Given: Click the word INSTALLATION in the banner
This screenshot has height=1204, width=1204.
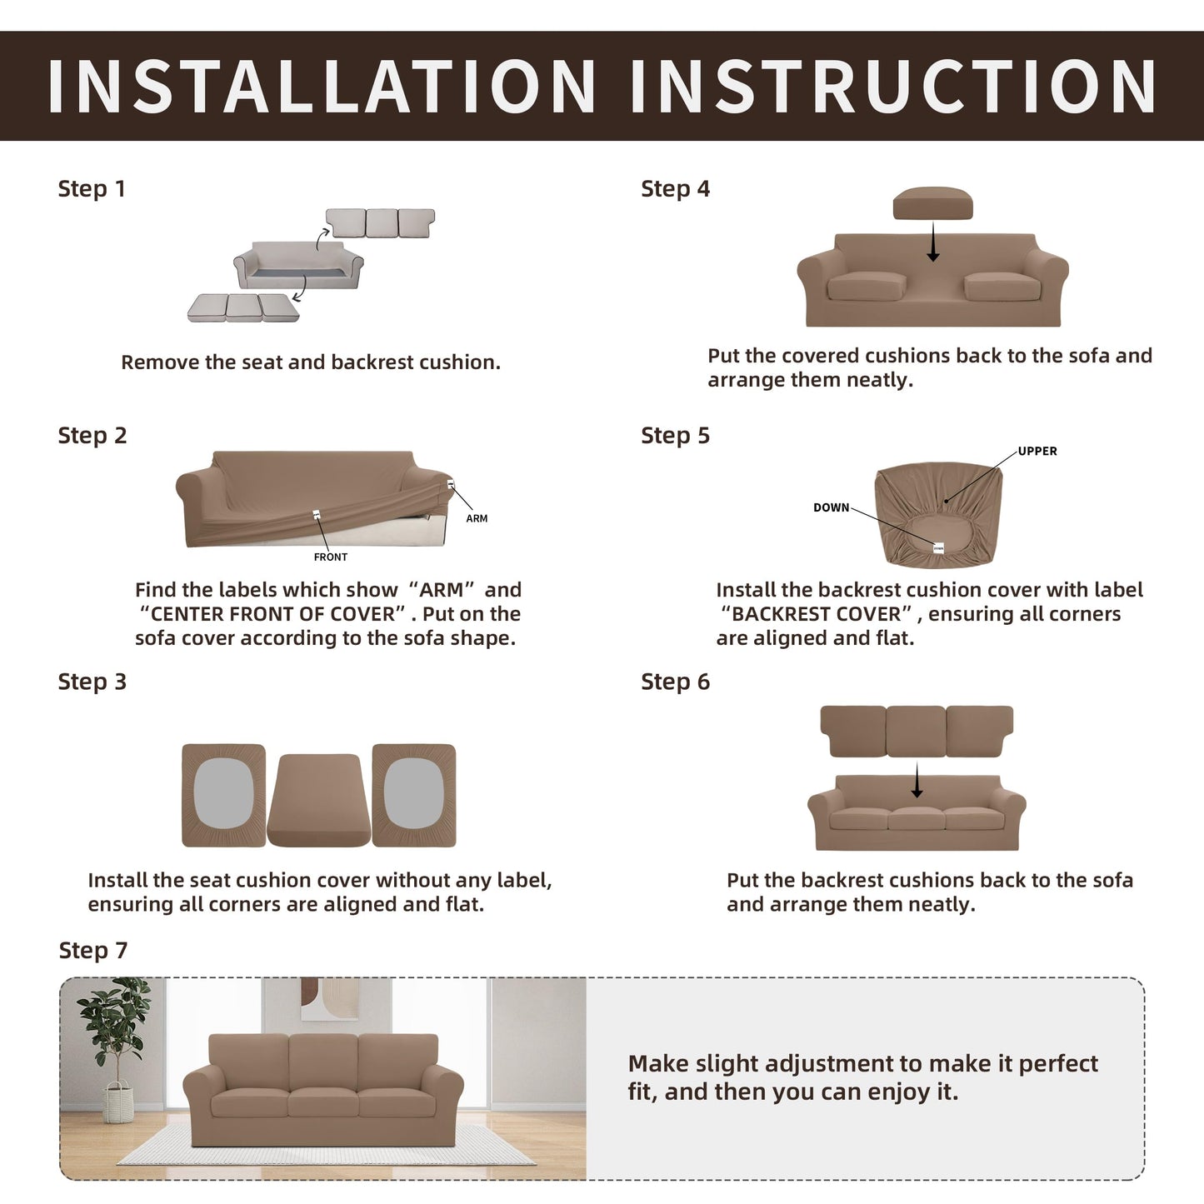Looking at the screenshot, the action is click(321, 86).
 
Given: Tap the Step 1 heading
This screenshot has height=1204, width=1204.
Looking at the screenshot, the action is click(92, 188).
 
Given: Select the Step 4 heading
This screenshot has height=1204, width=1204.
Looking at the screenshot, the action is click(676, 188).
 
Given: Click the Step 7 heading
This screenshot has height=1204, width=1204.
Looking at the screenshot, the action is click(93, 951).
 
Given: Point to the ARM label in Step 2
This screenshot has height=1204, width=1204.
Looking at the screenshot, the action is click(477, 518).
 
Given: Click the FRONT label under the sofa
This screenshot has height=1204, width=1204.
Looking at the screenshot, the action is click(331, 557).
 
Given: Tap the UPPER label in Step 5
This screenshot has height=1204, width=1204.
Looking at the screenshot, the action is click(1037, 451).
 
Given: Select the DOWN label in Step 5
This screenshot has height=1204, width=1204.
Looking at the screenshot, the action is click(831, 507).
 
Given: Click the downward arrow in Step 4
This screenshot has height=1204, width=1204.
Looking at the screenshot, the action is click(933, 242).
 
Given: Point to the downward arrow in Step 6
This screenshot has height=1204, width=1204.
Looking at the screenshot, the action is click(917, 780).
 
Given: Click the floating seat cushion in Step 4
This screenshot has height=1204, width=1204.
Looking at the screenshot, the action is click(933, 203).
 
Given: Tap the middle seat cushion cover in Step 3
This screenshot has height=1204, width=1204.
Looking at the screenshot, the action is click(318, 800).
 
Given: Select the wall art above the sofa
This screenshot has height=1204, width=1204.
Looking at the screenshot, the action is click(329, 998).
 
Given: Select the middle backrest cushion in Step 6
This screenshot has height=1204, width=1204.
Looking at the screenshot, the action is click(916, 731).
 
